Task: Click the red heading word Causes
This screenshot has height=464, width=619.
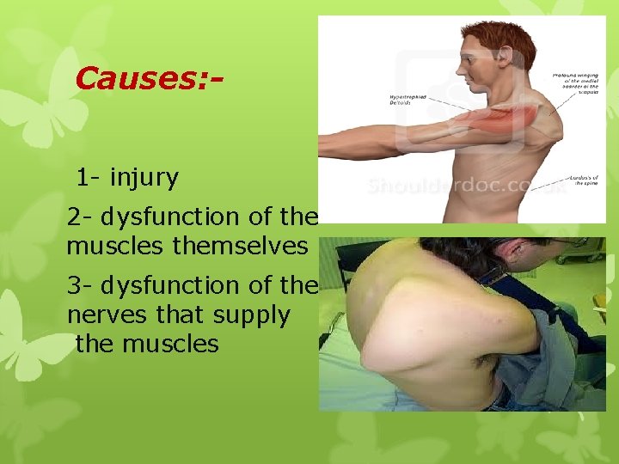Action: point(138,79)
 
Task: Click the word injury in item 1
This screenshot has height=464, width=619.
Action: point(144,178)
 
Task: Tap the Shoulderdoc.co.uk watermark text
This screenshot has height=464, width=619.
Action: point(464,186)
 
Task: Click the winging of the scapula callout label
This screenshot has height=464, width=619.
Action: point(577,85)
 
